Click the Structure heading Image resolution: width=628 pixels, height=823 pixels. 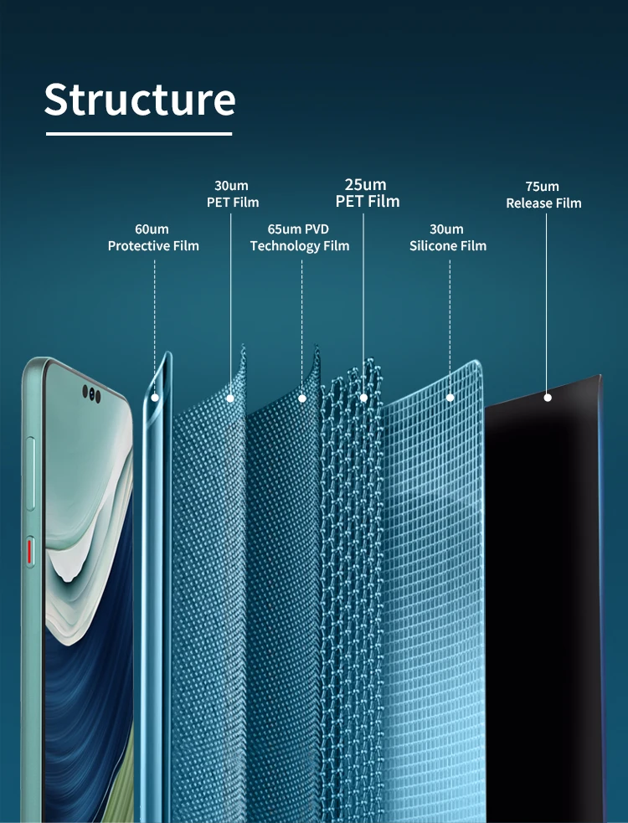[x=140, y=99]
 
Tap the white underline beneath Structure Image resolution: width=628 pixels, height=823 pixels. [x=139, y=133]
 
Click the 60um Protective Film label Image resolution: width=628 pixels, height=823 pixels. [x=153, y=237]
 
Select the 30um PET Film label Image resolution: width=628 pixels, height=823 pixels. [x=232, y=193]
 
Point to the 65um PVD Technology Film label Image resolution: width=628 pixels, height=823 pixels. [x=300, y=237]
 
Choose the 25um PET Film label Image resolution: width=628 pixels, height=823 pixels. [x=367, y=193]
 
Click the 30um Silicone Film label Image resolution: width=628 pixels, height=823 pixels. [x=447, y=237]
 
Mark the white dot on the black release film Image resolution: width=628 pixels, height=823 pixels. [x=548, y=397]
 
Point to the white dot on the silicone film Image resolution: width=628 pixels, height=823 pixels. [x=450, y=397]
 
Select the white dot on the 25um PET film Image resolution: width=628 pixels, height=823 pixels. [x=363, y=397]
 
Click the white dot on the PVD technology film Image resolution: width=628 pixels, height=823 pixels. [x=302, y=399]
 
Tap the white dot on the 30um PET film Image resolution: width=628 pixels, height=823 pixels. [x=232, y=399]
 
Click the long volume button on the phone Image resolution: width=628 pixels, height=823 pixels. [x=31, y=473]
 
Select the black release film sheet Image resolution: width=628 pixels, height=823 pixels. [x=544, y=586]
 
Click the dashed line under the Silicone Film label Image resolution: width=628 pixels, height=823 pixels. [x=450, y=318]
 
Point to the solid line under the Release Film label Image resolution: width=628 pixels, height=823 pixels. [x=547, y=301]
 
